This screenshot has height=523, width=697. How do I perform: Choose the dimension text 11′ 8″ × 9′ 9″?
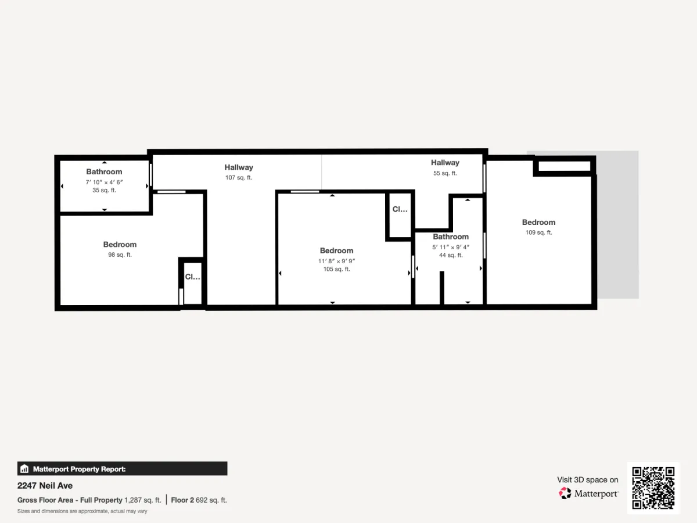[x=336, y=261]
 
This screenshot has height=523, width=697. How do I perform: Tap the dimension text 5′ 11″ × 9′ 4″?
[x=451, y=247]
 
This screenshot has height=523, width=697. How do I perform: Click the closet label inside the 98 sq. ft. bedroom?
[x=192, y=277]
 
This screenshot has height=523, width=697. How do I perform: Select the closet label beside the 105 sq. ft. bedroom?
[x=400, y=209]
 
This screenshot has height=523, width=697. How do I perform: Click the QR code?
[x=653, y=488]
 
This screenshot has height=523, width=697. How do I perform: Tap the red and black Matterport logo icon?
[x=565, y=493]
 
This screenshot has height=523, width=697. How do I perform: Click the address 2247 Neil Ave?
[x=45, y=486]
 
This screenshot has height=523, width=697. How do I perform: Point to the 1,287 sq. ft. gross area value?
[x=142, y=500]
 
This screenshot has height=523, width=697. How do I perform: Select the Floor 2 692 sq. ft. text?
[x=199, y=500]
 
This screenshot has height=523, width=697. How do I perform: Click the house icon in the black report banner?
[x=24, y=469]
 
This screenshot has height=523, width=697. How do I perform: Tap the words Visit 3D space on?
[x=587, y=480]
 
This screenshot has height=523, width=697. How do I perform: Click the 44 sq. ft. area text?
[x=451, y=255]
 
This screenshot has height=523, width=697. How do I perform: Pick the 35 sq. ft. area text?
[x=104, y=190]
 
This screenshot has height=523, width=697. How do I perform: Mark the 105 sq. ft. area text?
[x=336, y=269]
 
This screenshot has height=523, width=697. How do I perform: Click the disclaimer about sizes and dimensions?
[x=82, y=511]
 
